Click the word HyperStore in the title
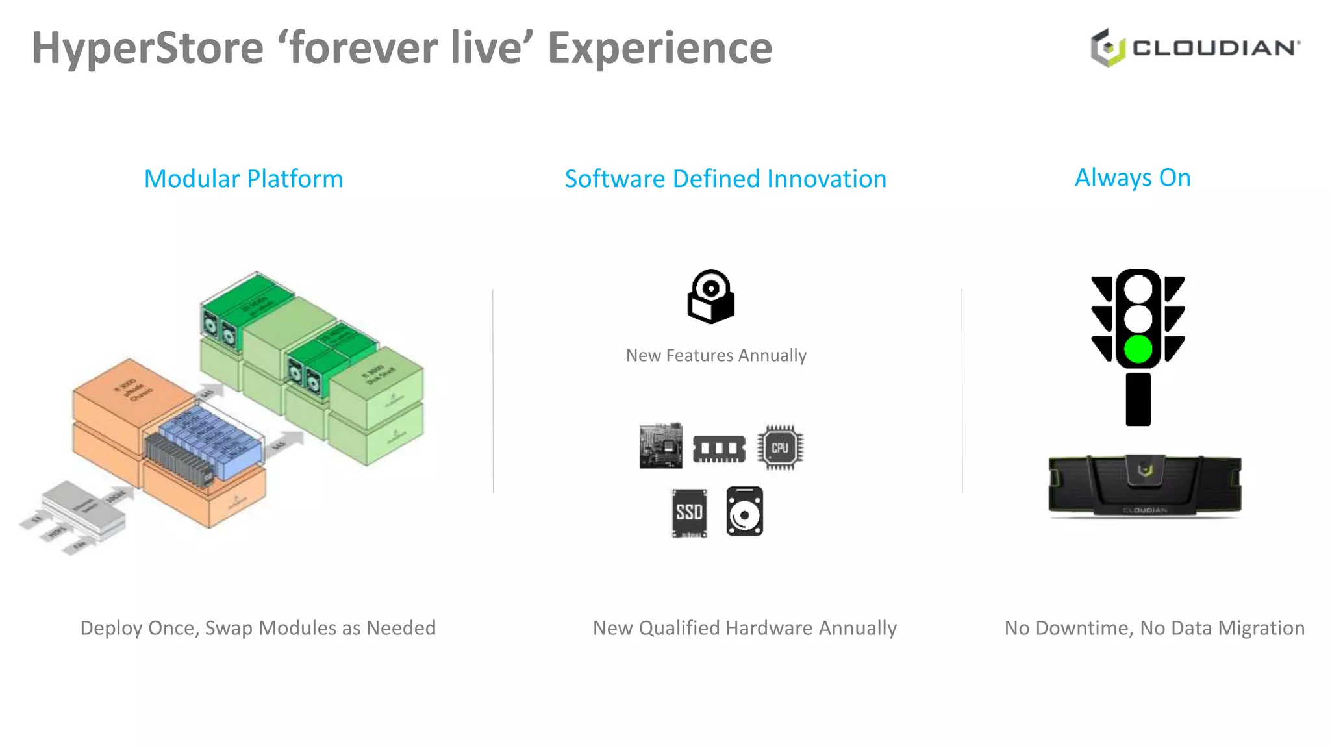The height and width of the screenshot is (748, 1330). (x=148, y=48)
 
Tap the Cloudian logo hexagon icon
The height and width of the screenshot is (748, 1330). (x=1107, y=47)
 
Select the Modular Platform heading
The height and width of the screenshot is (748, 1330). (x=244, y=179)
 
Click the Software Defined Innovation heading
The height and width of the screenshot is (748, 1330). (x=725, y=179)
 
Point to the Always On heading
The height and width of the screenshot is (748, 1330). (x=1133, y=177)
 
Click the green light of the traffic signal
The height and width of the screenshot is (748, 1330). (x=1138, y=349)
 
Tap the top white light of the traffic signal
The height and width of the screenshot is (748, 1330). (x=1138, y=289)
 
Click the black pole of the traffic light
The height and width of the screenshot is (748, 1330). (x=1138, y=399)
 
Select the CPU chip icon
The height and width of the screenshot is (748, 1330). (x=779, y=447)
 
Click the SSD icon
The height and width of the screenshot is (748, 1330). (x=689, y=512)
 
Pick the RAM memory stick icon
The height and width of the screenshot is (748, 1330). (x=718, y=448)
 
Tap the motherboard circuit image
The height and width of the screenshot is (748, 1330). (x=660, y=446)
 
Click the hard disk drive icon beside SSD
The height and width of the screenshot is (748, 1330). (x=744, y=512)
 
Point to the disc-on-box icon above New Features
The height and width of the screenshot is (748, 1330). (x=710, y=297)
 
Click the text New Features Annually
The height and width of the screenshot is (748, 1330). (x=716, y=355)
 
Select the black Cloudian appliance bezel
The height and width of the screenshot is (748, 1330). (x=1144, y=485)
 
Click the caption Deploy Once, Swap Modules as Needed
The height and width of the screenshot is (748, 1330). (x=258, y=628)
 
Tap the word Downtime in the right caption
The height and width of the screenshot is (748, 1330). (x=1085, y=628)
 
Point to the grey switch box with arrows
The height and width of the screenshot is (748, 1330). (x=84, y=510)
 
